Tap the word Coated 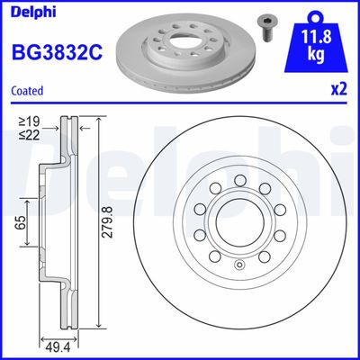pyautogui.click(x=29, y=90)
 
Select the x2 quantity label pyautogui.click(x=338, y=90)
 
